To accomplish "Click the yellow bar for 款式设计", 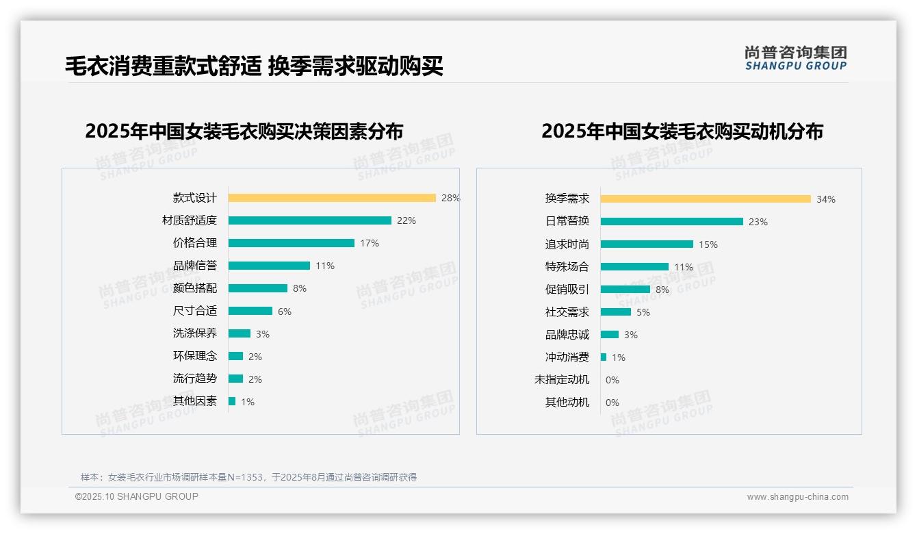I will (x=332, y=198).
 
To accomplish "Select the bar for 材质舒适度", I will (x=309, y=220).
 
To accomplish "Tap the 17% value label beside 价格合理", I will (x=370, y=243).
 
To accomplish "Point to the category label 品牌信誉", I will (x=195, y=266).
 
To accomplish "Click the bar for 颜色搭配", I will (x=258, y=288).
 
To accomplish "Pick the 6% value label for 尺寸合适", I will (x=285, y=311).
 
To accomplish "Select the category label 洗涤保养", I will (x=195, y=333).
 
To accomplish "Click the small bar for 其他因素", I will (x=232, y=401).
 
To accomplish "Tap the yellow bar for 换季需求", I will (x=706, y=199).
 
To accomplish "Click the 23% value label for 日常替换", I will (x=758, y=222).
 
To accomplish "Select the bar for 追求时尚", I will (x=647, y=244).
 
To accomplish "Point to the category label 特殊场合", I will (x=567, y=266).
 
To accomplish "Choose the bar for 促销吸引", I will (x=625, y=289).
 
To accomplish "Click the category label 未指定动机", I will (x=561, y=379).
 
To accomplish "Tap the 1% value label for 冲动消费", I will (x=619, y=357).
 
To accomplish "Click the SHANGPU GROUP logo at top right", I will (x=796, y=58).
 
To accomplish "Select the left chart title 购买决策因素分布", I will (x=244, y=131).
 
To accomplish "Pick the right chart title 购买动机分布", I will (x=682, y=131).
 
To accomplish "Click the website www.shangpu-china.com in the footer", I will (x=797, y=497).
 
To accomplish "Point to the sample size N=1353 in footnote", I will (x=240, y=477).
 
